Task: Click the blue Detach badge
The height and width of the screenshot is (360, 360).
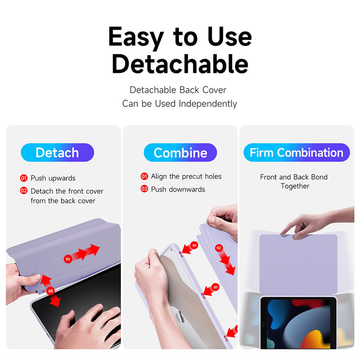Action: (x=58, y=153)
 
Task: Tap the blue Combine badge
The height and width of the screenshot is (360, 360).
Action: (x=180, y=153)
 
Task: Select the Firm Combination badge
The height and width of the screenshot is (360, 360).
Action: (x=297, y=153)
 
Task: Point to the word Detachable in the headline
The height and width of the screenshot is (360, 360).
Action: (x=180, y=63)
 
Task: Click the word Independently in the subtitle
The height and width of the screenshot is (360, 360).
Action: (x=208, y=104)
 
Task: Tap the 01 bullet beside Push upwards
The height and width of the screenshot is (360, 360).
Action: (x=24, y=178)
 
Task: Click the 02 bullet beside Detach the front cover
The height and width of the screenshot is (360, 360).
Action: (x=24, y=190)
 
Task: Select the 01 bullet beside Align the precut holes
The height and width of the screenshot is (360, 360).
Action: (x=144, y=176)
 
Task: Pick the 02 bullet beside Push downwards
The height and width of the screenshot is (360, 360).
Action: (x=144, y=189)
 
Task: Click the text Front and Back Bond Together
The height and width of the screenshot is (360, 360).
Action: (x=294, y=181)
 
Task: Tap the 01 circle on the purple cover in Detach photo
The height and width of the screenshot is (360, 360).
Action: (x=68, y=259)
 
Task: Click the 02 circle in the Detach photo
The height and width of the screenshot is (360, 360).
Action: (x=50, y=291)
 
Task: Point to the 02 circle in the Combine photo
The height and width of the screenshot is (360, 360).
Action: (x=219, y=248)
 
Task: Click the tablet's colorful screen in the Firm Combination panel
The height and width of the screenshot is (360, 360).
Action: (x=298, y=324)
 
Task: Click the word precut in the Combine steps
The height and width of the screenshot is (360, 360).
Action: (x=192, y=176)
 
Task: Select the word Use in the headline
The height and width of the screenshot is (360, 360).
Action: (x=229, y=37)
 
